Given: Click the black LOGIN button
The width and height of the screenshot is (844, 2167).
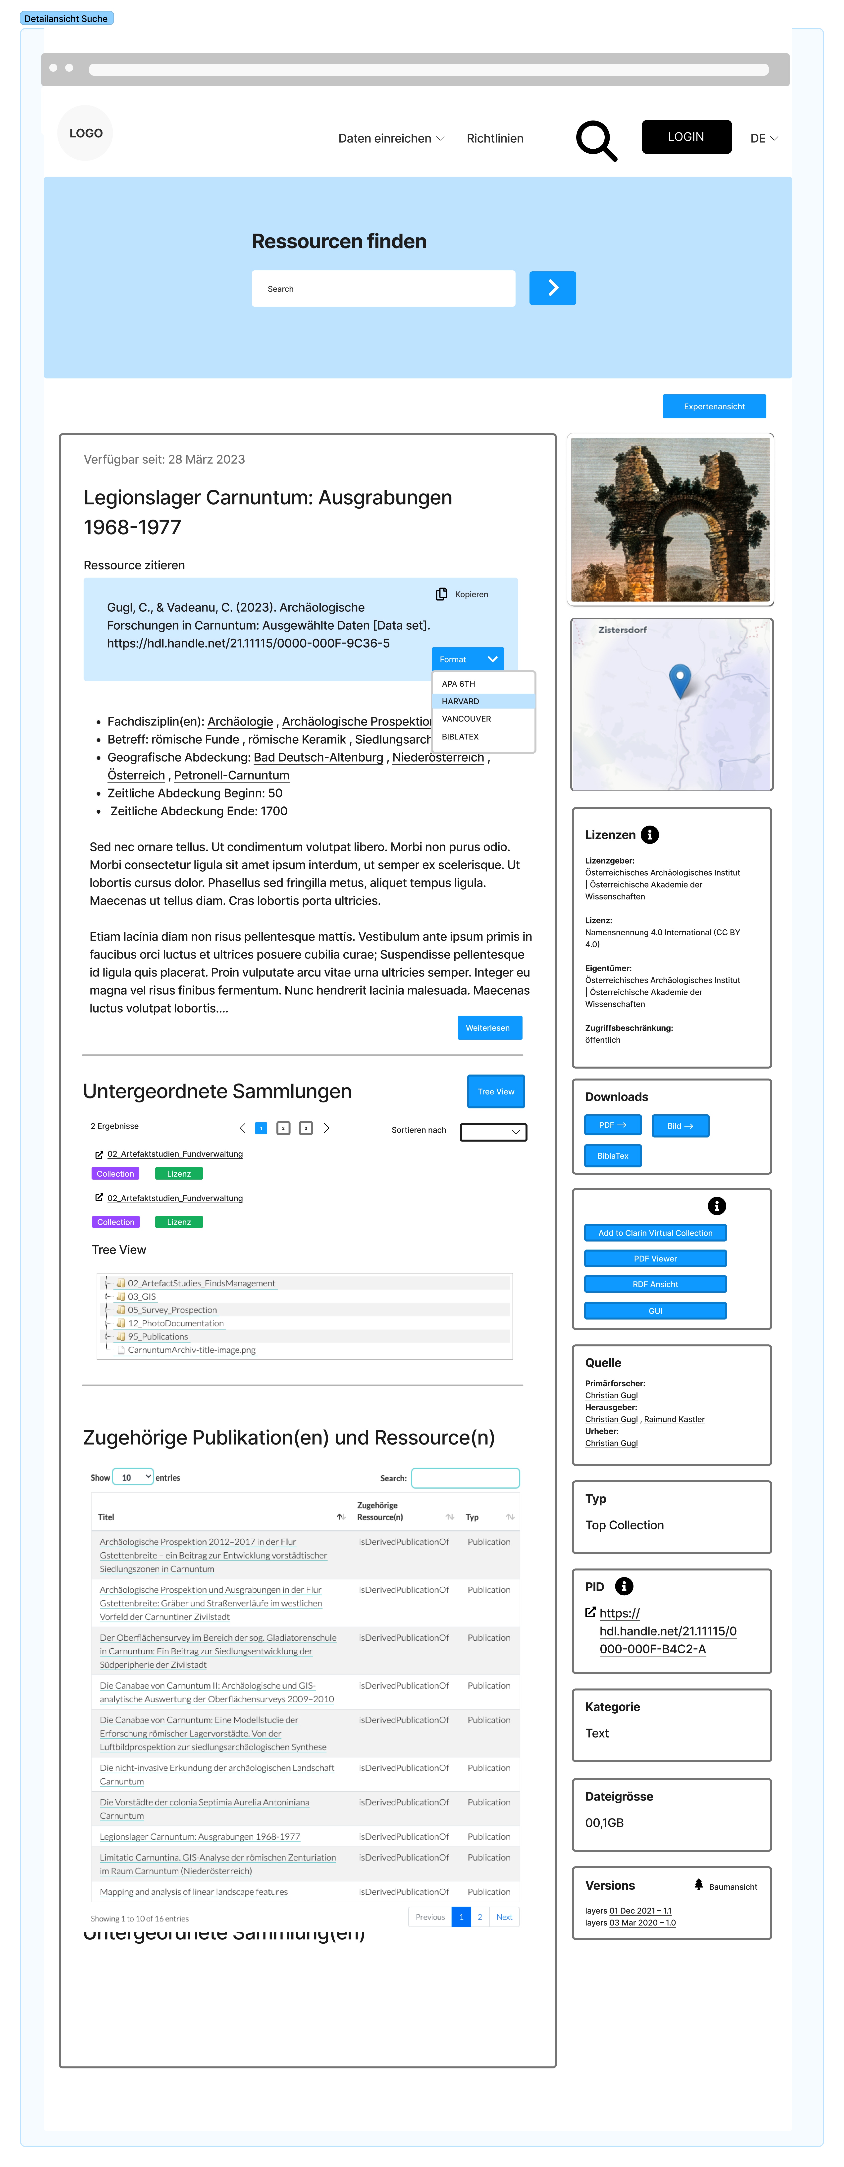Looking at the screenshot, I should click(686, 137).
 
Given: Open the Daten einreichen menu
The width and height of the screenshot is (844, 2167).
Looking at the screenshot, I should click(391, 139).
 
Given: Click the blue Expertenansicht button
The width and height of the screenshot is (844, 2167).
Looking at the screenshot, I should click(714, 406).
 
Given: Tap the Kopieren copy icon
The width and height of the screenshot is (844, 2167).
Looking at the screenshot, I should click(441, 594).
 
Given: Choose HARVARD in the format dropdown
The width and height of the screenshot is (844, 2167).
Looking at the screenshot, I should click(461, 701).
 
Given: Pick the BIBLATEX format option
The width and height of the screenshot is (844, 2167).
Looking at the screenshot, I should click(461, 736).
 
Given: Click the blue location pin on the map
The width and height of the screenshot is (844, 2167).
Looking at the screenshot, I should click(679, 678).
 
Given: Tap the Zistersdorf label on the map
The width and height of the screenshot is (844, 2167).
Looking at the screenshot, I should click(622, 630).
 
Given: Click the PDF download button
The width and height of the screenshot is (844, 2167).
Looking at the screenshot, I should click(612, 1125).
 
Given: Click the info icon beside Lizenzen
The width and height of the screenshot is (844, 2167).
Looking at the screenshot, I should click(649, 835).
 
